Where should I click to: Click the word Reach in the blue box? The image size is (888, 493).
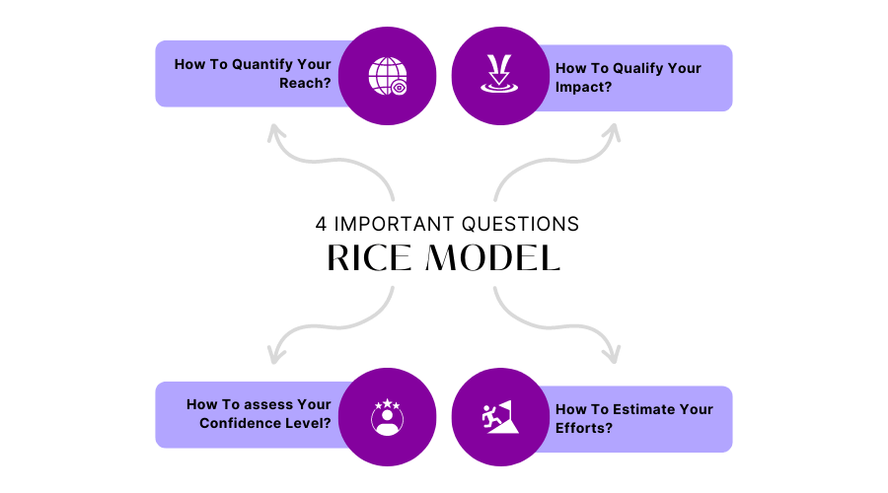[x=307, y=85]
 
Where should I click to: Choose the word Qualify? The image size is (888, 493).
[x=636, y=68]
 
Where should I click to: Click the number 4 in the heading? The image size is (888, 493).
[x=321, y=224]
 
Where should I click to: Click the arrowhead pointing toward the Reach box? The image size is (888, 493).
[x=274, y=133]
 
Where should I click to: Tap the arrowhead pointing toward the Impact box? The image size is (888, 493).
[x=613, y=132]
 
